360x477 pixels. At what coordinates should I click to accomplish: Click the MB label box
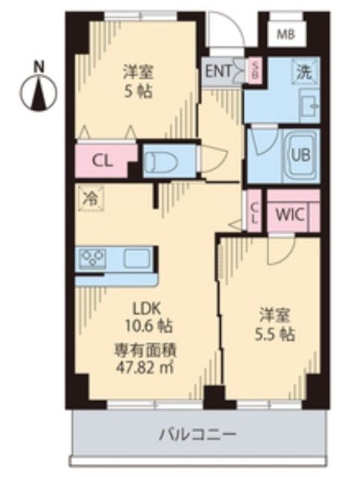point(286,34)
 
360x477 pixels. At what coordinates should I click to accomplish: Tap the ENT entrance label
point(217,72)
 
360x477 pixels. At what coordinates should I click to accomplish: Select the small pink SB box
point(253,72)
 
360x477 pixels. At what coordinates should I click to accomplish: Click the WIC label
point(289,214)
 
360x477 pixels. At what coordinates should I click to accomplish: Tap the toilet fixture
point(162,161)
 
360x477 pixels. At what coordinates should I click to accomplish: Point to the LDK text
point(146,307)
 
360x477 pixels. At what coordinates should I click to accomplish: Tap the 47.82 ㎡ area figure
point(146,364)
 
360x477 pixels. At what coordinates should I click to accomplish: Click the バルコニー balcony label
point(198,434)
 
